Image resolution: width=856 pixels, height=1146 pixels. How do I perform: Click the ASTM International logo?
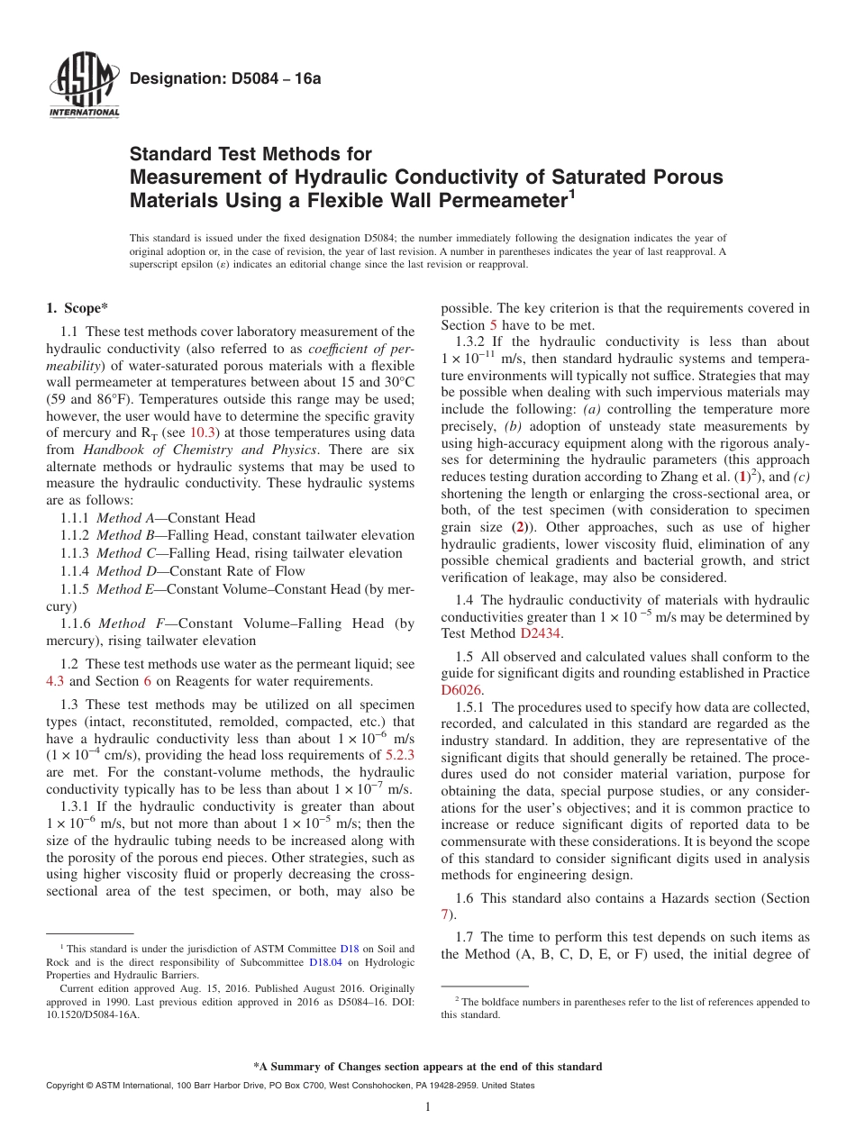tap(83, 86)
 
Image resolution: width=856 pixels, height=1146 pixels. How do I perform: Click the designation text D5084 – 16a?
tap(225, 79)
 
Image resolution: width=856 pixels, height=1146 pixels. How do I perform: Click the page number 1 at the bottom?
tap(428, 1107)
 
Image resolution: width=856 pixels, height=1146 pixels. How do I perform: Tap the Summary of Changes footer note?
tap(428, 1067)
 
